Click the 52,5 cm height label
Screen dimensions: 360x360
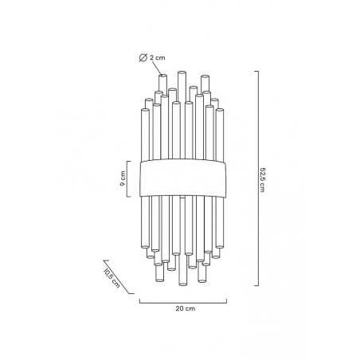[262, 179]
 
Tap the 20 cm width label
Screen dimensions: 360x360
[186, 308]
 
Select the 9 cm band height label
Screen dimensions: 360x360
[123, 178]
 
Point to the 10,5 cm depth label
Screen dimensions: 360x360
[112, 279]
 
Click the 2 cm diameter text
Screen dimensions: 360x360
[158, 57]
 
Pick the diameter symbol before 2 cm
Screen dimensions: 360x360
[143, 57]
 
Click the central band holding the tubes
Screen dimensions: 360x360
[183, 178]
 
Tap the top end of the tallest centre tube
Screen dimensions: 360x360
[182, 72]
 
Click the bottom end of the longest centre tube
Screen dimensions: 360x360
[182, 284]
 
